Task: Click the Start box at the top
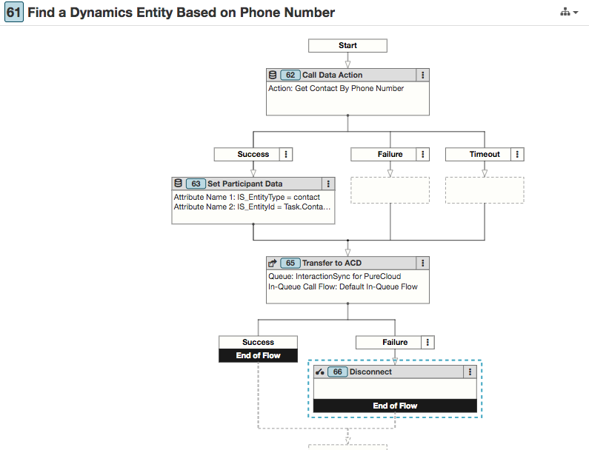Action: pos(347,45)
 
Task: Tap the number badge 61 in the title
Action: pos(14,13)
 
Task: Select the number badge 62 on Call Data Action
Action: pos(290,75)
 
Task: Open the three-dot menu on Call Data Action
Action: pos(422,75)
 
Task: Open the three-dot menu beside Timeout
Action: pos(517,154)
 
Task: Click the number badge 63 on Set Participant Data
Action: pos(196,184)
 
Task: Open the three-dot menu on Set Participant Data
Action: pos(328,184)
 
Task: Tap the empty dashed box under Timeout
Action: pos(485,190)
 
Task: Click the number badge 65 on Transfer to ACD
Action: pos(290,263)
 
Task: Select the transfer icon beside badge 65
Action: pos(273,263)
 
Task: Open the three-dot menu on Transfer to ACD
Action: pos(422,263)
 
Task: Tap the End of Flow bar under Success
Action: pos(258,355)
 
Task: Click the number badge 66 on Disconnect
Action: pos(337,372)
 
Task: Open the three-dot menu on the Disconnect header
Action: pos(470,372)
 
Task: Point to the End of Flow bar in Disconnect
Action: pos(395,406)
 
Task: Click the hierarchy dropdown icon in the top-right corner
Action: pos(569,13)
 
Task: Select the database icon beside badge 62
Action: pos(273,75)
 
